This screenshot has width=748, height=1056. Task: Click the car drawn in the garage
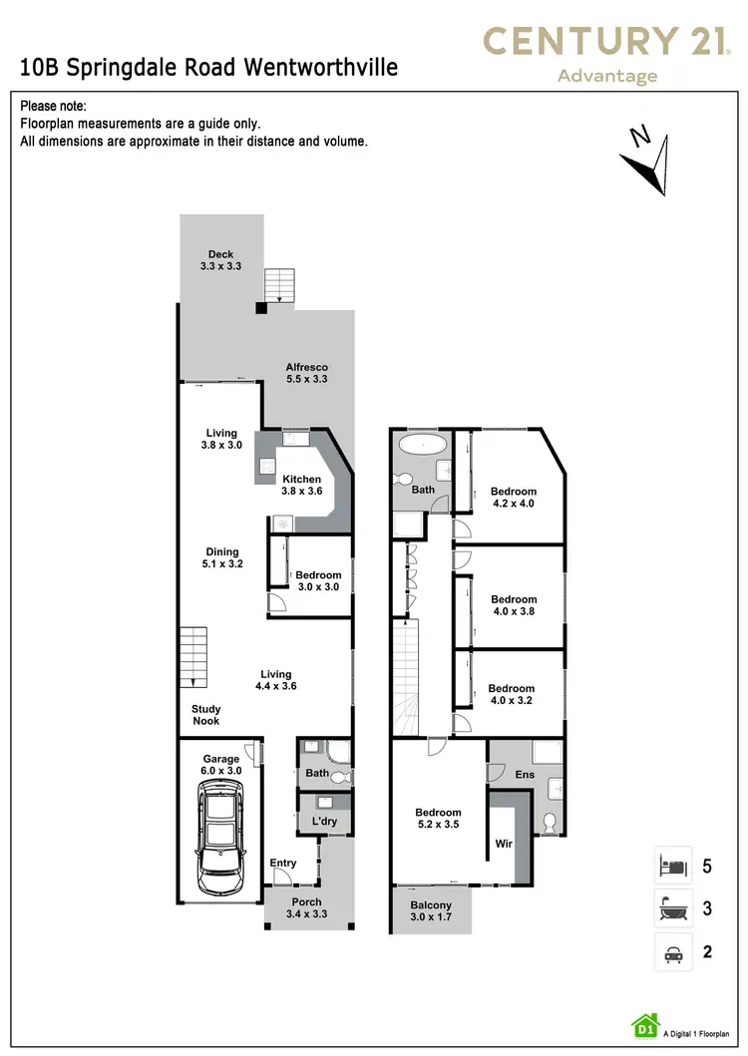tap(219, 836)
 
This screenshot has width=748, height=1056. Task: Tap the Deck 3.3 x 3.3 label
tap(221, 260)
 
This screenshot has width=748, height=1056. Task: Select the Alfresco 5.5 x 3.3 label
tap(307, 373)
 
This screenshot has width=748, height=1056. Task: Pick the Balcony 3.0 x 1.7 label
tap(431, 912)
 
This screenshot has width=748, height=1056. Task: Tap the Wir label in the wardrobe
tap(504, 844)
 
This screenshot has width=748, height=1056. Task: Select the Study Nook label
tap(206, 715)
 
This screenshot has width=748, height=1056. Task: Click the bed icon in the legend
tap(671, 865)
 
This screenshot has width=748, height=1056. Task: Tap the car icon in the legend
tap(671, 951)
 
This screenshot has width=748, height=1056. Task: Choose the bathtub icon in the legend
tap(671, 908)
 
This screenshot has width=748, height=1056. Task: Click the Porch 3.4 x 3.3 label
tap(306, 907)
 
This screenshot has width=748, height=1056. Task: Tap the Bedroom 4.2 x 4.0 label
tap(513, 498)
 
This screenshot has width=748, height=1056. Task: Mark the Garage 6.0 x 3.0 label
tap(221, 765)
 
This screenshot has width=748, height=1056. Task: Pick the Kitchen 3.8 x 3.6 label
tap(301, 486)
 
